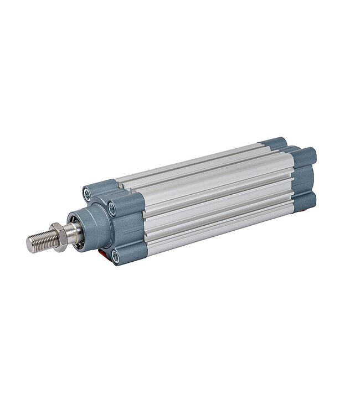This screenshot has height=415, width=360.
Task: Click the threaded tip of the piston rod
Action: pyautogui.click(x=41, y=241)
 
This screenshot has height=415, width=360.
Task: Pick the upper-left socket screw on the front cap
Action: pyautogui.click(x=87, y=194)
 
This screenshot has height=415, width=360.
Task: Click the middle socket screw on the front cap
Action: pyautogui.click(x=112, y=209)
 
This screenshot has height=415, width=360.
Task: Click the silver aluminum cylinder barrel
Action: pyautogui.click(x=216, y=194)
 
